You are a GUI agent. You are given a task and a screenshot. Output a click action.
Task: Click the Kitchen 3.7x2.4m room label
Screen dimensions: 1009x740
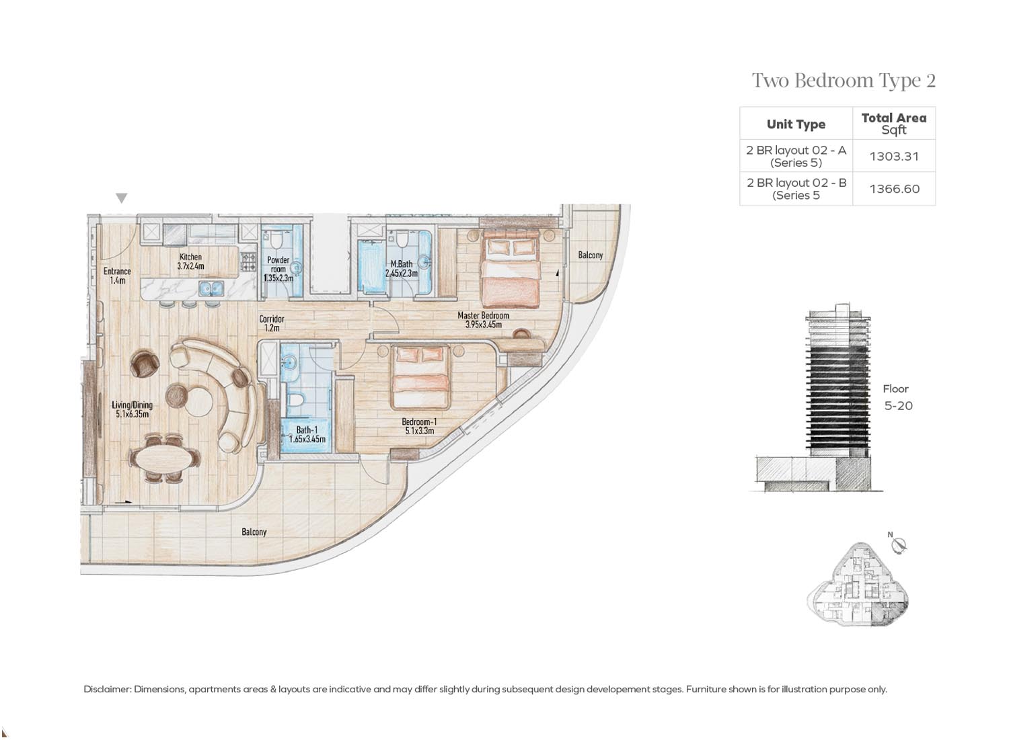point(190,261)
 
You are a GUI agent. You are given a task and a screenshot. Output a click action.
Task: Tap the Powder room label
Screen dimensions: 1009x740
point(278,269)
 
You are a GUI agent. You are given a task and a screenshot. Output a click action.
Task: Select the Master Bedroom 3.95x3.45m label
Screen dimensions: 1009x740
point(484,319)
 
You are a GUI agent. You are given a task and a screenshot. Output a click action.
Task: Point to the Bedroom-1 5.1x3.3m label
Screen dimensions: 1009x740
point(419,426)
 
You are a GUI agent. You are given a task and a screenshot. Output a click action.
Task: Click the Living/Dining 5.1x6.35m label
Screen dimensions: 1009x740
point(132,409)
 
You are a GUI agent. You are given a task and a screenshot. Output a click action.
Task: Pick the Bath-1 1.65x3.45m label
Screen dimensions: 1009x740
point(307,434)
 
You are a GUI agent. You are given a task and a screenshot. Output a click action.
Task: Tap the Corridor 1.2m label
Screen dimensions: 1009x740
point(272,323)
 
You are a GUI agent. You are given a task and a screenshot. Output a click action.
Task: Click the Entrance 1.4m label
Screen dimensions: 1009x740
point(117,276)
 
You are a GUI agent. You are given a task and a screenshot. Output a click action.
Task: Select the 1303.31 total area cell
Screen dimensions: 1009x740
point(894,156)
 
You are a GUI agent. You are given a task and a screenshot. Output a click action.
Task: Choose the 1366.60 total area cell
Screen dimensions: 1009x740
point(894,189)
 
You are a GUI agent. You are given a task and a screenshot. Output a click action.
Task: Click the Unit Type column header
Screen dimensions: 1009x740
point(796,124)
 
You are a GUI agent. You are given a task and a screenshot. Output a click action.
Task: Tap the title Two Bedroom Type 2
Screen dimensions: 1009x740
point(844,81)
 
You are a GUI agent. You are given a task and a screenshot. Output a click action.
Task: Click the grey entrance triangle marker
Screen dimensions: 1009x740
point(122,198)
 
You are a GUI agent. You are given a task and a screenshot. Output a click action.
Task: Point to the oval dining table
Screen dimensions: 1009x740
point(164,458)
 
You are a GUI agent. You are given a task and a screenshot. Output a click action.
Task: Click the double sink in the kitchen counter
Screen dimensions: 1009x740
point(211,288)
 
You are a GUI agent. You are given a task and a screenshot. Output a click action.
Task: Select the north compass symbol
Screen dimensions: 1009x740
point(898,544)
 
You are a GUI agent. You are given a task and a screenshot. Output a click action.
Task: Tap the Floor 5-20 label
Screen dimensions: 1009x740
point(897,397)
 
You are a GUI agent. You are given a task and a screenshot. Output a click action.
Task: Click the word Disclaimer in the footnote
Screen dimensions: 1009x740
point(107,689)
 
